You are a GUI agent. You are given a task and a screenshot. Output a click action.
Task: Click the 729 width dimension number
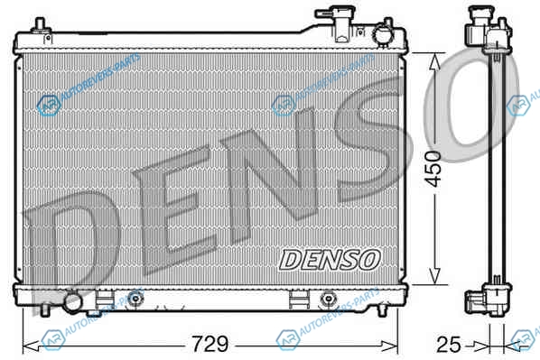click(x=210, y=344)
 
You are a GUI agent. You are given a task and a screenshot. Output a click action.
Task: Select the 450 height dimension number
click(x=433, y=169)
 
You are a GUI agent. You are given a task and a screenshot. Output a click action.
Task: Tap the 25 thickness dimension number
click(x=448, y=344)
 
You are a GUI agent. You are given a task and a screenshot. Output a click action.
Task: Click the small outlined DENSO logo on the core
click(x=330, y=260)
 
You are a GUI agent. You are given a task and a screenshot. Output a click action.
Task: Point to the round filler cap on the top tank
click(x=382, y=34)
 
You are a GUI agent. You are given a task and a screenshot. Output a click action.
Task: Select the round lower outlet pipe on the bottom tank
click(x=72, y=302)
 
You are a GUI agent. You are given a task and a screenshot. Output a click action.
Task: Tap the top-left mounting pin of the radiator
click(x=41, y=25)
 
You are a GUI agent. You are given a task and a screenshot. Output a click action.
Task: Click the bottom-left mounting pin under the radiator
click(x=44, y=309)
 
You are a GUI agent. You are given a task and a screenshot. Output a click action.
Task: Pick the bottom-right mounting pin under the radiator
click(x=382, y=309)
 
